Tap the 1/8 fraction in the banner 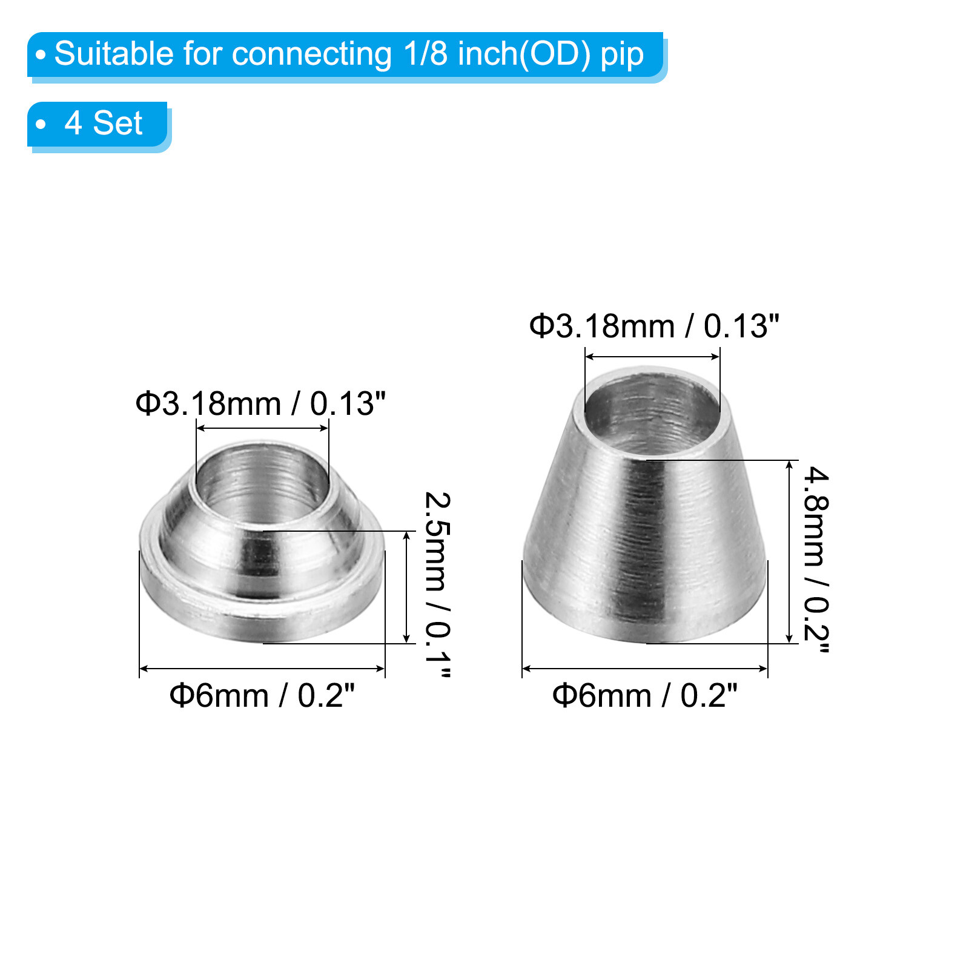425,54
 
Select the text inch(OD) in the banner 524,54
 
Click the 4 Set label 104,124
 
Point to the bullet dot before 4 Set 41,125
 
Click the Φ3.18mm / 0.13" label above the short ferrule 260,403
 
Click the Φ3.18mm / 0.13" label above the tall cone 654,326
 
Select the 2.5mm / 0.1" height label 437,584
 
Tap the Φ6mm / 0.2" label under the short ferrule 262,695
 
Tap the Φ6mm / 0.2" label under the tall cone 644,695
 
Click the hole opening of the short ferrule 262,481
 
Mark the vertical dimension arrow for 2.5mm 407,587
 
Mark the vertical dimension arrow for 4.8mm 789,551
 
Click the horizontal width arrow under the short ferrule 262,669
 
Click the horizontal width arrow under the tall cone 644,669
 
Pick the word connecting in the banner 311,54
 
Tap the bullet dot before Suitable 41,55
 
